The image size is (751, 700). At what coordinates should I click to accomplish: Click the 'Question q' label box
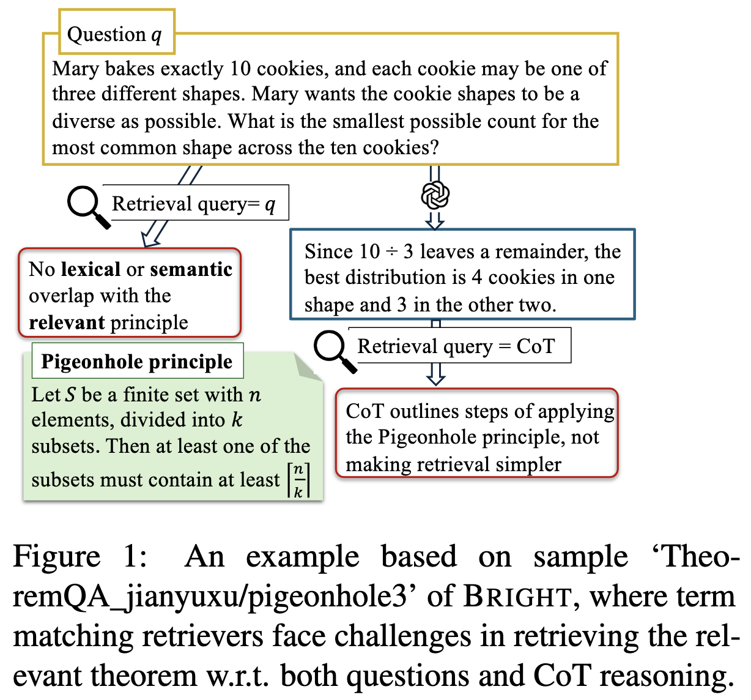116,33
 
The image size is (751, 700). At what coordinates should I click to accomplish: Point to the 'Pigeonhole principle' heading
136,362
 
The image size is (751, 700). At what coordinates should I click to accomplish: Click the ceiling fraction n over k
298,480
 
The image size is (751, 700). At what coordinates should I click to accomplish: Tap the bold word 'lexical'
91,269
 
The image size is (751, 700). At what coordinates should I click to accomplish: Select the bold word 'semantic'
191,269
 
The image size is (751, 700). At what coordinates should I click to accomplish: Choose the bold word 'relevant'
66,322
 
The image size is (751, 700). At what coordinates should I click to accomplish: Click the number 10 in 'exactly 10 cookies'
240,69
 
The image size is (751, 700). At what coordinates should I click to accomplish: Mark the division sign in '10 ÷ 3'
391,252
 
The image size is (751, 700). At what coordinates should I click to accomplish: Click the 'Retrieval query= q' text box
194,203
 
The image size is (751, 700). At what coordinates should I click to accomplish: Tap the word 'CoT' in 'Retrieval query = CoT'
535,346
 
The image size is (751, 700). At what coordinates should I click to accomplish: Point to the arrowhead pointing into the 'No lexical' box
148,240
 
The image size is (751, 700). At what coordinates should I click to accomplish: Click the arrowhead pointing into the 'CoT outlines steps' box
435,379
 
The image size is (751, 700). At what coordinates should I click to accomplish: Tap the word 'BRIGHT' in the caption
517,597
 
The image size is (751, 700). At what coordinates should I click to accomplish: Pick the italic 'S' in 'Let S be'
71,395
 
